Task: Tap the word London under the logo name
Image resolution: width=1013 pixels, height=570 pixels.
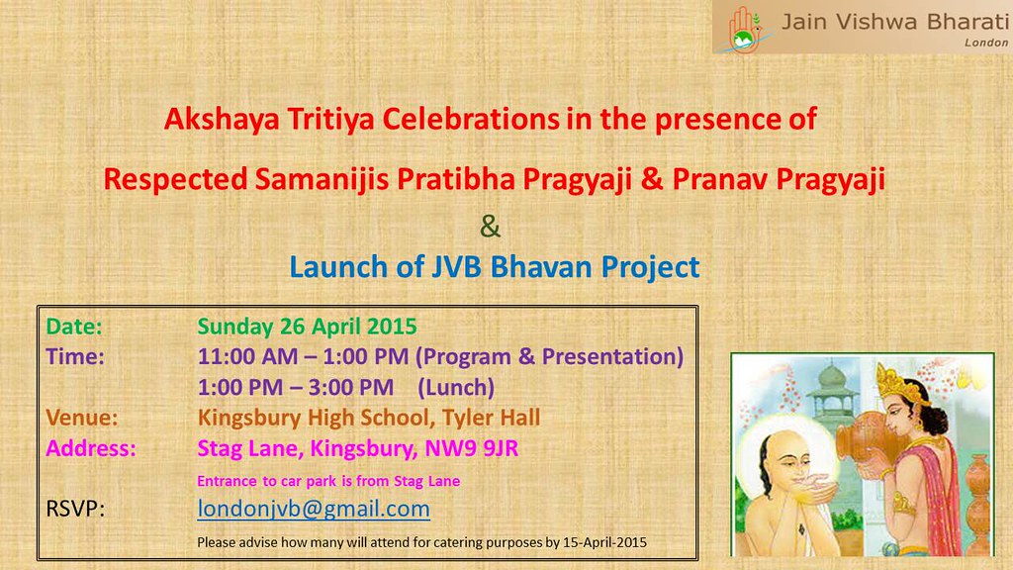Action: click(x=986, y=43)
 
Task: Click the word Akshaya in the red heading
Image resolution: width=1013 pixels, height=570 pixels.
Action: click(x=222, y=120)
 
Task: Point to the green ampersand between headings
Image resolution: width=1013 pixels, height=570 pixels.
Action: click(x=491, y=227)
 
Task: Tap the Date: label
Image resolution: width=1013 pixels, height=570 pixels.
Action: click(x=73, y=327)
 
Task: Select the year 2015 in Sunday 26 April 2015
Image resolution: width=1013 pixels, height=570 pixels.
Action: click(x=392, y=327)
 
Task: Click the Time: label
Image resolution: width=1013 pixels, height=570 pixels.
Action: click(x=75, y=356)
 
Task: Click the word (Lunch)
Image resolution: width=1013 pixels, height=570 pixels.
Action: click(x=456, y=388)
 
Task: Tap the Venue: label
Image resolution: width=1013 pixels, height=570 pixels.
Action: click(x=81, y=419)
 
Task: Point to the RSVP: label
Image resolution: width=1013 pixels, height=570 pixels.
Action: click(x=75, y=510)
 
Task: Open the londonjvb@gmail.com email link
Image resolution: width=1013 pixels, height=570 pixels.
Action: click(x=314, y=510)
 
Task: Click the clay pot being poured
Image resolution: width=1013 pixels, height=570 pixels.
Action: click(x=866, y=439)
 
